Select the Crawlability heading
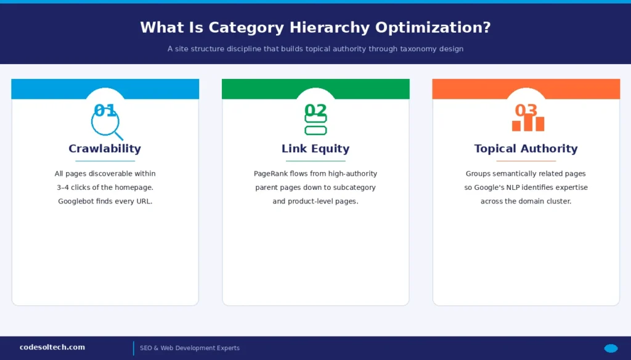coord(105,149)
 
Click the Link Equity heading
coord(315,149)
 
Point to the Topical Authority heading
coord(526,149)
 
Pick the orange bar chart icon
coord(527,123)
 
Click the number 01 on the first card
coord(105,110)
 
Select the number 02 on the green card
coord(315,110)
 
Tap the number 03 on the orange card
coord(526,110)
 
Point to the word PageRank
coord(272,174)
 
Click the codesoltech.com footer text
coord(52,348)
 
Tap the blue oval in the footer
coord(611,348)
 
